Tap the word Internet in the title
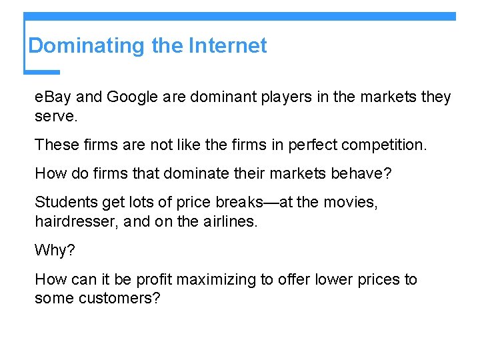pyautogui.click(x=227, y=46)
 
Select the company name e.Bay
pyautogui.click(x=53, y=97)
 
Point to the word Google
pyautogui.click(x=131, y=97)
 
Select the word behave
pyautogui.click(x=361, y=173)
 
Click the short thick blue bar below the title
pyautogui.click(x=42, y=72)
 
